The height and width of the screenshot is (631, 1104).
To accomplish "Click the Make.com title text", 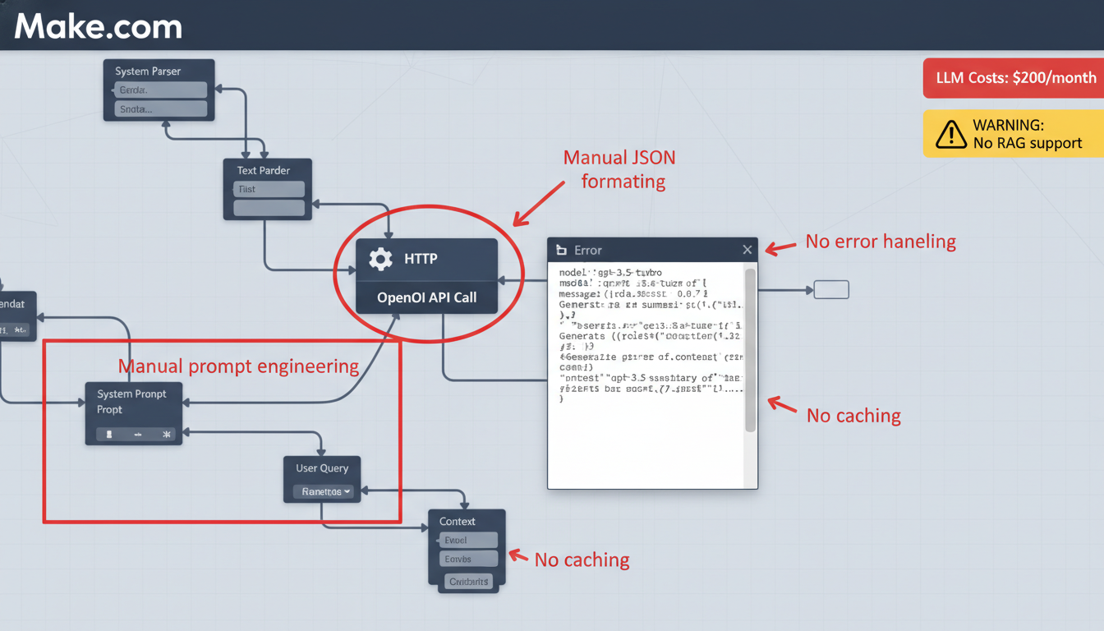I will click(x=98, y=26).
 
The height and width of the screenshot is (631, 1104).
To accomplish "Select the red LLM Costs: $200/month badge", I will click(x=1014, y=78).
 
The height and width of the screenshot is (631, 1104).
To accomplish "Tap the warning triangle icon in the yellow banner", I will click(x=950, y=134).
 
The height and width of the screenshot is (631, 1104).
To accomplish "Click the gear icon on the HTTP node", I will click(x=380, y=260).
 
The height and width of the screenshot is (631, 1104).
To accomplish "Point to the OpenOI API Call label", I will click(x=426, y=297).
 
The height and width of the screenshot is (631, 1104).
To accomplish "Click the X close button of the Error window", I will click(x=747, y=250).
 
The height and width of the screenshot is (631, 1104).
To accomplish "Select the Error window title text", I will click(x=588, y=250).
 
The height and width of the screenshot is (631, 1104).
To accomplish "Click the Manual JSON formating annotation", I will click(x=619, y=169).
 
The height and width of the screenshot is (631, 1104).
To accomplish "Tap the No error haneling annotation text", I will click(x=881, y=242).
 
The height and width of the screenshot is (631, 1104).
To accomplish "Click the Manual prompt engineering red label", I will click(x=238, y=366).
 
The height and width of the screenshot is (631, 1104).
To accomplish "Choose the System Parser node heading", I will click(x=148, y=71).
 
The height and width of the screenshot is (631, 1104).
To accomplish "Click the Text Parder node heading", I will click(x=264, y=170).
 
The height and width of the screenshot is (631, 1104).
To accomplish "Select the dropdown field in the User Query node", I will click(x=326, y=491).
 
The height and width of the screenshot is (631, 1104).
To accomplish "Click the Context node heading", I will click(x=458, y=521).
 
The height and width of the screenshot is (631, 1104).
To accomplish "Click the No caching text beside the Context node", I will click(x=582, y=560).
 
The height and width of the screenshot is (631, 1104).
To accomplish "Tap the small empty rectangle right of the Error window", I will click(x=830, y=290).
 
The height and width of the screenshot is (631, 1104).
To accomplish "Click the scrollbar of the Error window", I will click(x=749, y=349).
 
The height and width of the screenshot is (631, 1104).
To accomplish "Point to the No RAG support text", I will click(x=1028, y=143).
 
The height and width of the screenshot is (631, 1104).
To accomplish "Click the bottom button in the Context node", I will click(x=468, y=582).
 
